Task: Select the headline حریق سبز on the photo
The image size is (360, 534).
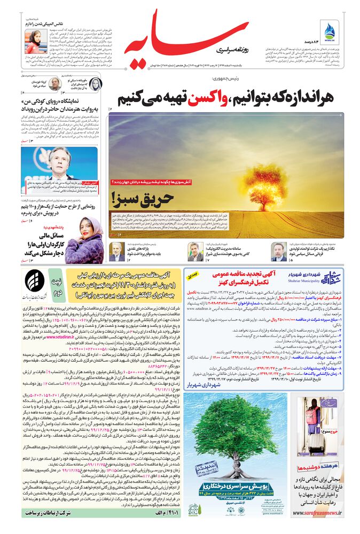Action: pos(151,199)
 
